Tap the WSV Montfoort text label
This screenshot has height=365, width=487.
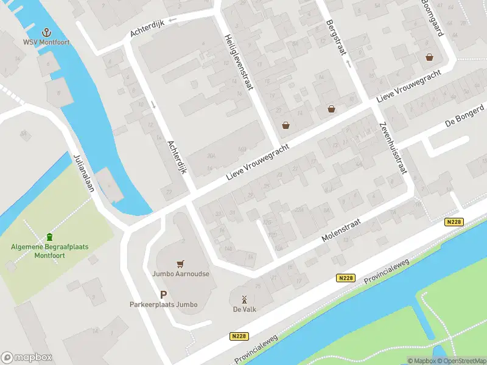click(46, 43)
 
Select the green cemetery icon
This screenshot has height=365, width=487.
click(49, 237)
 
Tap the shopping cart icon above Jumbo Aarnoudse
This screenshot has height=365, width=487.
click(180, 264)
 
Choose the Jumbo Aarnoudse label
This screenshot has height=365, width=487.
click(180, 274)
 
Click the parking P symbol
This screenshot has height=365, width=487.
click(163, 294)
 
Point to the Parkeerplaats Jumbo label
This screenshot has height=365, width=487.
click(163, 304)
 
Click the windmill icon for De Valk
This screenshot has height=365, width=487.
click(244, 299)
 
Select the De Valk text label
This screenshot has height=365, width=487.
click(244, 310)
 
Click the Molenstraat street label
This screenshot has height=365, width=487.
click(342, 232)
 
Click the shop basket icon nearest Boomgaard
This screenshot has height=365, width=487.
click(430, 57)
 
